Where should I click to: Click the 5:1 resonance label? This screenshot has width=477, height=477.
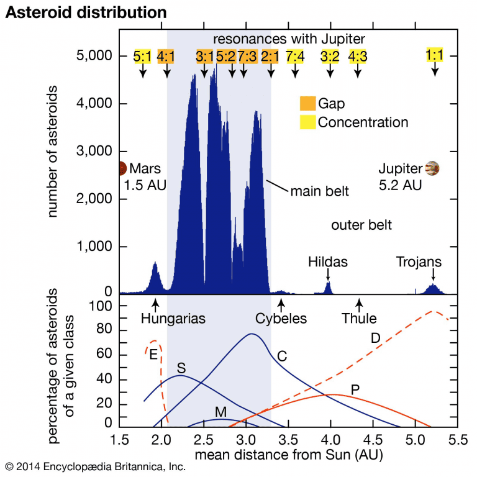click(x=142, y=57)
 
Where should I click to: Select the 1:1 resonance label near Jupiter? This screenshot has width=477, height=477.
click(x=435, y=55)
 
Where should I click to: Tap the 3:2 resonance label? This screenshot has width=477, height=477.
click(x=330, y=57)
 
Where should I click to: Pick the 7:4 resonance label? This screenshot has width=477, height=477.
click(x=295, y=57)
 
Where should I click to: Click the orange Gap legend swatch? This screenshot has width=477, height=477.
click(x=307, y=104)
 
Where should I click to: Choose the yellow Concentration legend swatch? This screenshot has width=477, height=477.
click(x=307, y=122)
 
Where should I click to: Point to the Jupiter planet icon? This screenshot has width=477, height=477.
click(x=433, y=168)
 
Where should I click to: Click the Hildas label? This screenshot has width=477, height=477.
click(x=328, y=262)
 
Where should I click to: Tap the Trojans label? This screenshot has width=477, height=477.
click(x=419, y=262)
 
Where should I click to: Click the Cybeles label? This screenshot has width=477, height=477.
click(x=281, y=319)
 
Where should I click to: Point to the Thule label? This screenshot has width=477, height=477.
click(x=359, y=319)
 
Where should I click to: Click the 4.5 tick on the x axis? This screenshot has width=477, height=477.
click(x=373, y=442)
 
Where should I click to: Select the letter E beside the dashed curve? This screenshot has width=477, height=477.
click(x=152, y=354)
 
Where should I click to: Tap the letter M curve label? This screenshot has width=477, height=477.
click(x=220, y=411)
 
